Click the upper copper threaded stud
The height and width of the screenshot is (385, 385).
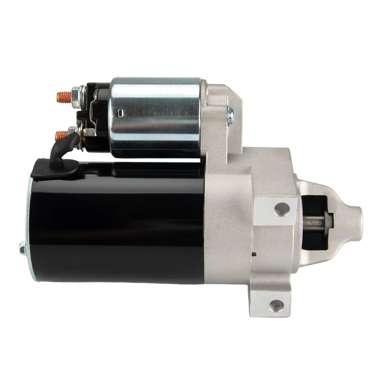click(63, 96)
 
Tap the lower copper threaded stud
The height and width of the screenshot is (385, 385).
click(61, 135)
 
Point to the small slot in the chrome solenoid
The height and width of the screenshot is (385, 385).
click(118, 113)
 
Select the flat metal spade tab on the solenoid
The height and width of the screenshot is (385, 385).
click(89, 132)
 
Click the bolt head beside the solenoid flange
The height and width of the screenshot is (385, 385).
click(230, 115)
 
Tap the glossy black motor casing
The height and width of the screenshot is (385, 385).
click(120, 225)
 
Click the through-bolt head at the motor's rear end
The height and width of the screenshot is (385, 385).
click(22, 249)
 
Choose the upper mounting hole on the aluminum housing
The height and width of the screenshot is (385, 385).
click(282, 209)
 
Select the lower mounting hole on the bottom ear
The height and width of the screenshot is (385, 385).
click(277, 306)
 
